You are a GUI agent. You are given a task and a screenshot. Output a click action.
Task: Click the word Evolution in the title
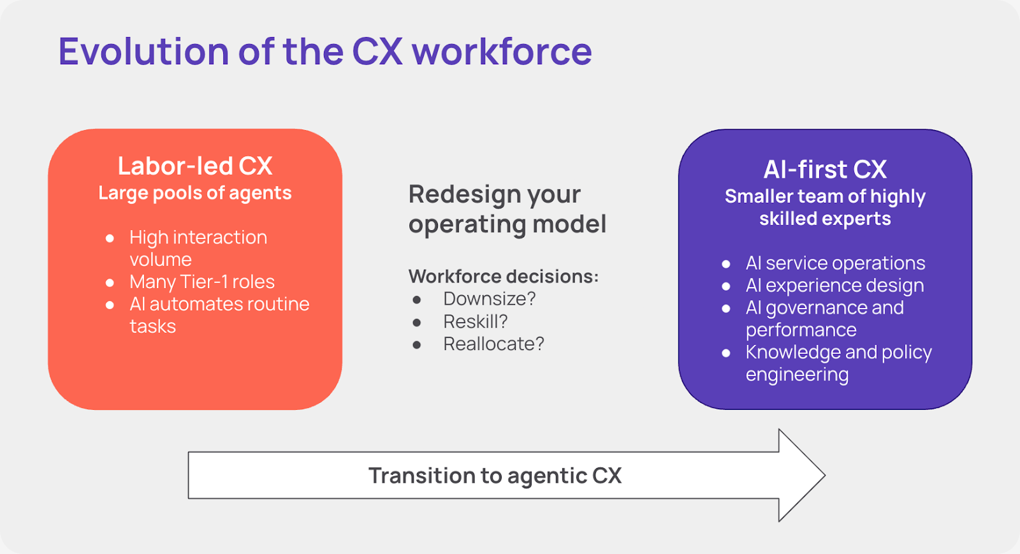tap(143, 52)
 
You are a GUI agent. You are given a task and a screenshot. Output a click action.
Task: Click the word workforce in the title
tap(502, 52)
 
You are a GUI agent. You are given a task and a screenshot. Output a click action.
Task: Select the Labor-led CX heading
tap(195, 166)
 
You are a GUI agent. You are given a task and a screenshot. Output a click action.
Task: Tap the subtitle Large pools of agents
tap(195, 193)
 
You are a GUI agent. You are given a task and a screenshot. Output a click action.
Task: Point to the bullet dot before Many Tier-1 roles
tap(110, 282)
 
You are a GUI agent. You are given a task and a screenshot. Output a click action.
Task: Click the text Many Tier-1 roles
tap(202, 282)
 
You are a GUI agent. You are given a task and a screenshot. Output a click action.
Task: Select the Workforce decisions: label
tap(503, 276)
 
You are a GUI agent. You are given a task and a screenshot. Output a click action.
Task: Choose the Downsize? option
tap(490, 298)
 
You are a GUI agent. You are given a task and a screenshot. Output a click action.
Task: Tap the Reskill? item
tap(476, 321)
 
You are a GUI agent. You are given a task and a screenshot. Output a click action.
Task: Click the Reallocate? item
tap(493, 344)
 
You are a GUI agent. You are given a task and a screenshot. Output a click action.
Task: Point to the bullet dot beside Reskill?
tap(417, 323)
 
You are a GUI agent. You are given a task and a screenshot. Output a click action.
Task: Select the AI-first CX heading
tap(825, 170)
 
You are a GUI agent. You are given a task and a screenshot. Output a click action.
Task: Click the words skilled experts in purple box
tap(825, 219)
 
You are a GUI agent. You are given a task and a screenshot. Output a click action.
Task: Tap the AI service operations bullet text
tap(835, 263)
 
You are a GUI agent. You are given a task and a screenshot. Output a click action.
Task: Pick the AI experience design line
tap(834, 286)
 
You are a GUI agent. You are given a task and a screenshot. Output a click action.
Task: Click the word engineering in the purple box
tap(797, 375)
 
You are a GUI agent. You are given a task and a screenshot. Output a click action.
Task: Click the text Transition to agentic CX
tap(495, 476)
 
